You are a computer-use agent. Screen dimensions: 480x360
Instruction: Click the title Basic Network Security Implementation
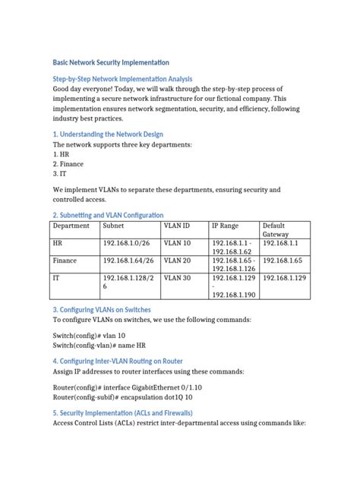tap(110, 62)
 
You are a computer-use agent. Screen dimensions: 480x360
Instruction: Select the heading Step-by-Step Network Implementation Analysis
tap(122, 79)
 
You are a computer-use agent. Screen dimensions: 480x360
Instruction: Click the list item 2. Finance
tap(68, 164)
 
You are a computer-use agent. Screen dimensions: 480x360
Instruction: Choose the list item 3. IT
tap(60, 174)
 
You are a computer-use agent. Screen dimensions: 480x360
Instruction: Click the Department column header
tap(71, 226)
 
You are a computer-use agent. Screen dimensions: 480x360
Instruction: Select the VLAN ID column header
tap(177, 226)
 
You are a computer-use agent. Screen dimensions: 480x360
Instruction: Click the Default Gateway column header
tap(276, 231)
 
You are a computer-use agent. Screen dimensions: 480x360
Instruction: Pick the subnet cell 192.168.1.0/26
tap(128, 244)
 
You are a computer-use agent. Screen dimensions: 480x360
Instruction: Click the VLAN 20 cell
tap(178, 261)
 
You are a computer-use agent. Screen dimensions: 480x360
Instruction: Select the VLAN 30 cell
tap(178, 279)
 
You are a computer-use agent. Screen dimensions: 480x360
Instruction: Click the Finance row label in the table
tap(65, 261)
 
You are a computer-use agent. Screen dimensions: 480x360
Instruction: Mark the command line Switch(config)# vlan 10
tap(89, 336)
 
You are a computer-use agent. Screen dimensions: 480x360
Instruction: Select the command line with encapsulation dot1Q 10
tap(122, 397)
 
